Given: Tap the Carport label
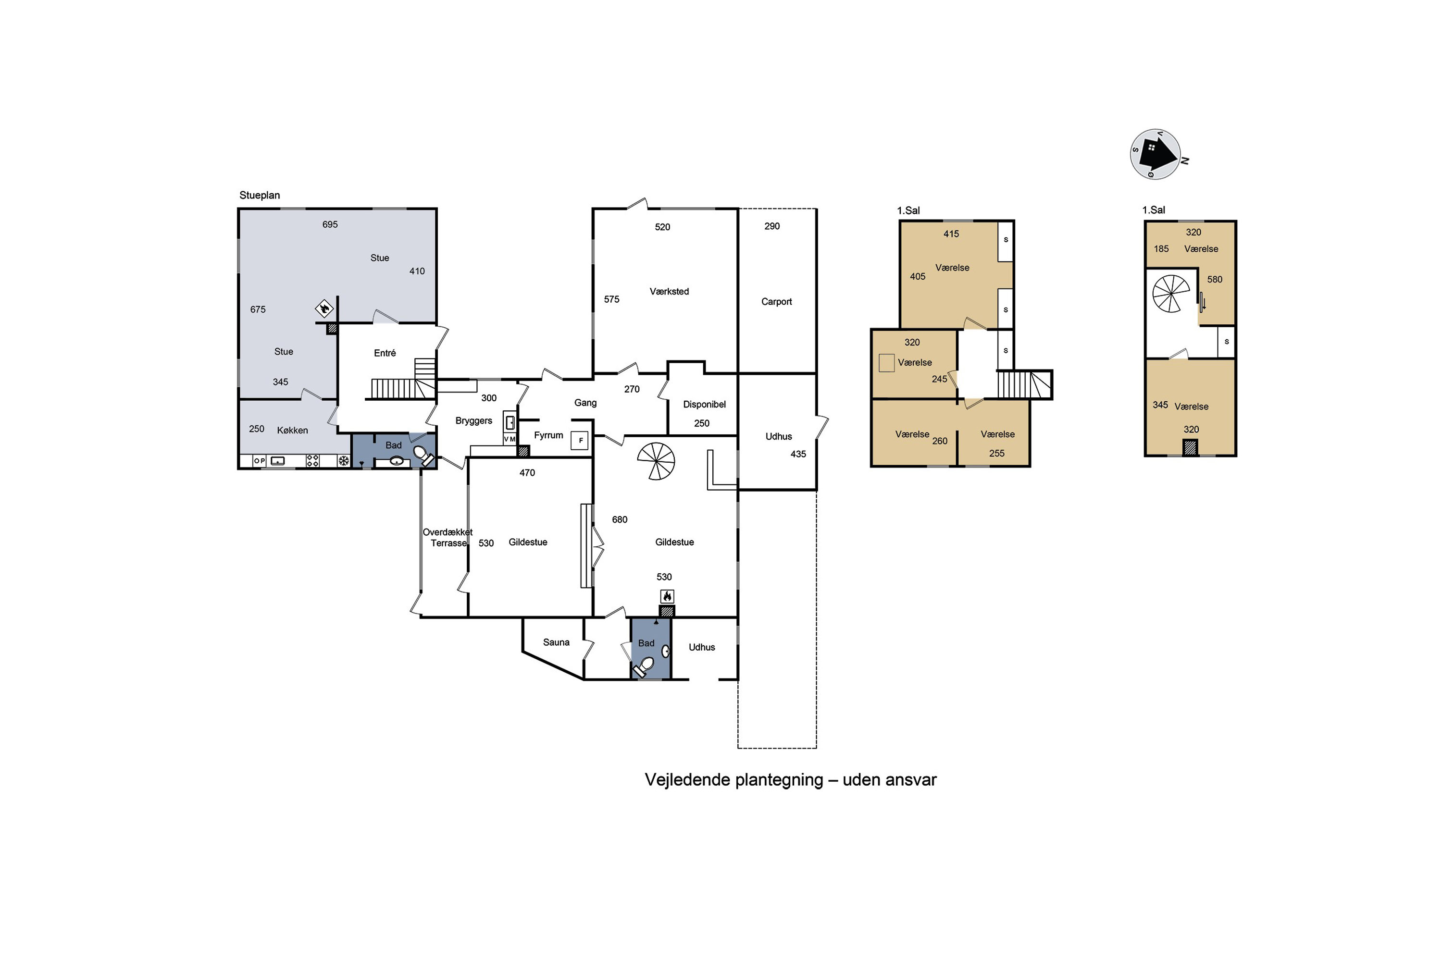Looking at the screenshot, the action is (776, 302).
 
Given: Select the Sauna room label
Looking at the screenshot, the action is (556, 642).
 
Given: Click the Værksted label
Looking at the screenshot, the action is (669, 291).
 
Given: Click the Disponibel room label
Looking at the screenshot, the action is (705, 405).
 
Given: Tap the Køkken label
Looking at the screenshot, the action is (292, 430).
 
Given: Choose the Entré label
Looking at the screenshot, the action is (385, 353).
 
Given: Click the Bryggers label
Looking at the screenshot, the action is (474, 420).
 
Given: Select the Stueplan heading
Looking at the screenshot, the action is (260, 195).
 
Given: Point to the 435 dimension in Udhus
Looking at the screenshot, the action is (798, 454).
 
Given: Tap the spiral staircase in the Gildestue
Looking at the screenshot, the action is (656, 461).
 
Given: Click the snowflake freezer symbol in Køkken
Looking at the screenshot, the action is (344, 460).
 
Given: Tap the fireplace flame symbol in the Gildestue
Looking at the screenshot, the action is (667, 596).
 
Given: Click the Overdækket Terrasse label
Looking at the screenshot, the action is (448, 538).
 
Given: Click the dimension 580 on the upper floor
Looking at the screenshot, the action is (1215, 280).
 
